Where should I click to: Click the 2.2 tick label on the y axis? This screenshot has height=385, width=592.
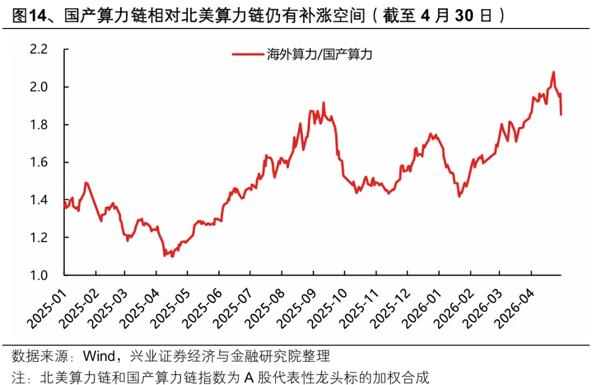click(39, 49)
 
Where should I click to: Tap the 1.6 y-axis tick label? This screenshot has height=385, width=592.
click(39, 162)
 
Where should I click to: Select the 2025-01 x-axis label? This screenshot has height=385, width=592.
click(47, 309)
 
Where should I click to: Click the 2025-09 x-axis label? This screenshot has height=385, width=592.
click(297, 309)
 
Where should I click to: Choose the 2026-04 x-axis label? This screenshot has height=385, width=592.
click(514, 309)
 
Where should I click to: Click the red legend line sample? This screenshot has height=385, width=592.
click(247, 54)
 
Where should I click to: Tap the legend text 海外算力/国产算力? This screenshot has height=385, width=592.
click(320, 54)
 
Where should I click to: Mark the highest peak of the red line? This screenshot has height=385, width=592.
click(554, 72)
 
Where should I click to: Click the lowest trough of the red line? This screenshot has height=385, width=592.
click(173, 256)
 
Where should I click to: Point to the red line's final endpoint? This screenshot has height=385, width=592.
click(561, 115)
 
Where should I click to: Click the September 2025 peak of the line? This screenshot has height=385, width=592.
click(323, 103)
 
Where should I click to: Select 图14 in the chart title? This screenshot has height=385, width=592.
click(30, 15)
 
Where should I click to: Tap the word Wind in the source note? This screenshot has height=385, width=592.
click(99, 355)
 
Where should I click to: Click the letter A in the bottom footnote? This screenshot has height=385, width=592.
click(248, 377)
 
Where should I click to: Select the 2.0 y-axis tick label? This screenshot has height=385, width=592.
click(39, 87)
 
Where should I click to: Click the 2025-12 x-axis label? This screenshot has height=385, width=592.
click(390, 309)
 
